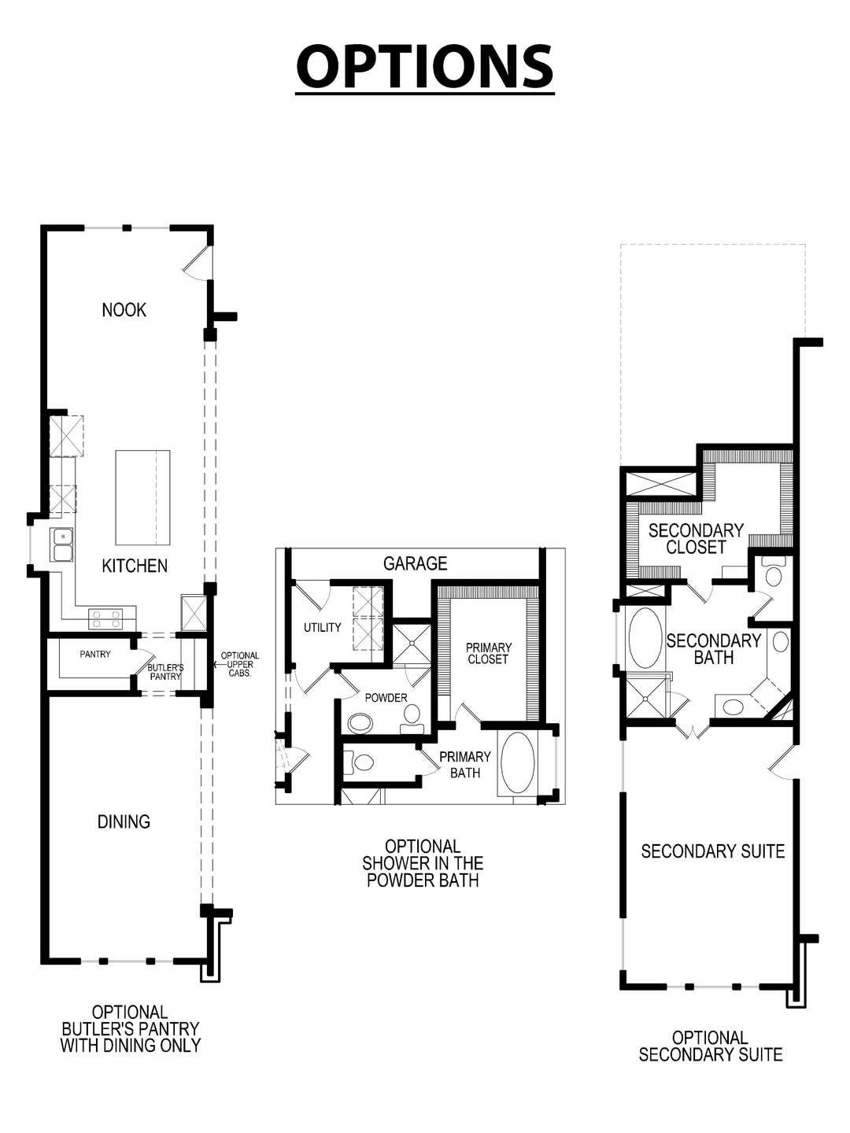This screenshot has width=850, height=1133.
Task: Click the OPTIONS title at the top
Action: pyautogui.click(x=424, y=67)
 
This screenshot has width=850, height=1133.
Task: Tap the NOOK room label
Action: pyautogui.click(x=124, y=310)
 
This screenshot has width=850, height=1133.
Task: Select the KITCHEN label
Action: pyautogui.click(x=135, y=566)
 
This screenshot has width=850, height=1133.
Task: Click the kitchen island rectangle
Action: pyautogui.click(x=142, y=497)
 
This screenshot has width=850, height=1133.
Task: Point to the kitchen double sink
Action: pyautogui.click(x=62, y=544)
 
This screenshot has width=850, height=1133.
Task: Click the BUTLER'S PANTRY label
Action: pyautogui.click(x=165, y=672)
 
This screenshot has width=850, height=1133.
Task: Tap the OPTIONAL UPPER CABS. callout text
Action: pyautogui.click(x=239, y=665)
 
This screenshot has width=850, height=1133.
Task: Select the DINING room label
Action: pyautogui.click(x=124, y=821)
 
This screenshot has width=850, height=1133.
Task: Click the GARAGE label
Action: pyautogui.click(x=415, y=563)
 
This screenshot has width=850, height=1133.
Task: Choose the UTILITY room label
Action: pyautogui.click(x=323, y=627)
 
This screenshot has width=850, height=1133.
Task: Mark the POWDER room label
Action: pyautogui.click(x=386, y=698)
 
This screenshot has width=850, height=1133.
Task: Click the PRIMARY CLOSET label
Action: pyautogui.click(x=488, y=654)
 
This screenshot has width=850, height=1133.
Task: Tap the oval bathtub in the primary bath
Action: pyautogui.click(x=517, y=763)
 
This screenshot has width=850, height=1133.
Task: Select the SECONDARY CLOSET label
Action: pyautogui.click(x=696, y=539)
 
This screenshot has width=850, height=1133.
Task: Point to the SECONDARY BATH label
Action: pyautogui.click(x=713, y=649)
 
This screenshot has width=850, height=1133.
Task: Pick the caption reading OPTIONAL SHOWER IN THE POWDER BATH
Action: pyautogui.click(x=423, y=863)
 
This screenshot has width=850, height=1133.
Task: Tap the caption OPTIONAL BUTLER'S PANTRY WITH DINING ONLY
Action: pyautogui.click(x=131, y=1028)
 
